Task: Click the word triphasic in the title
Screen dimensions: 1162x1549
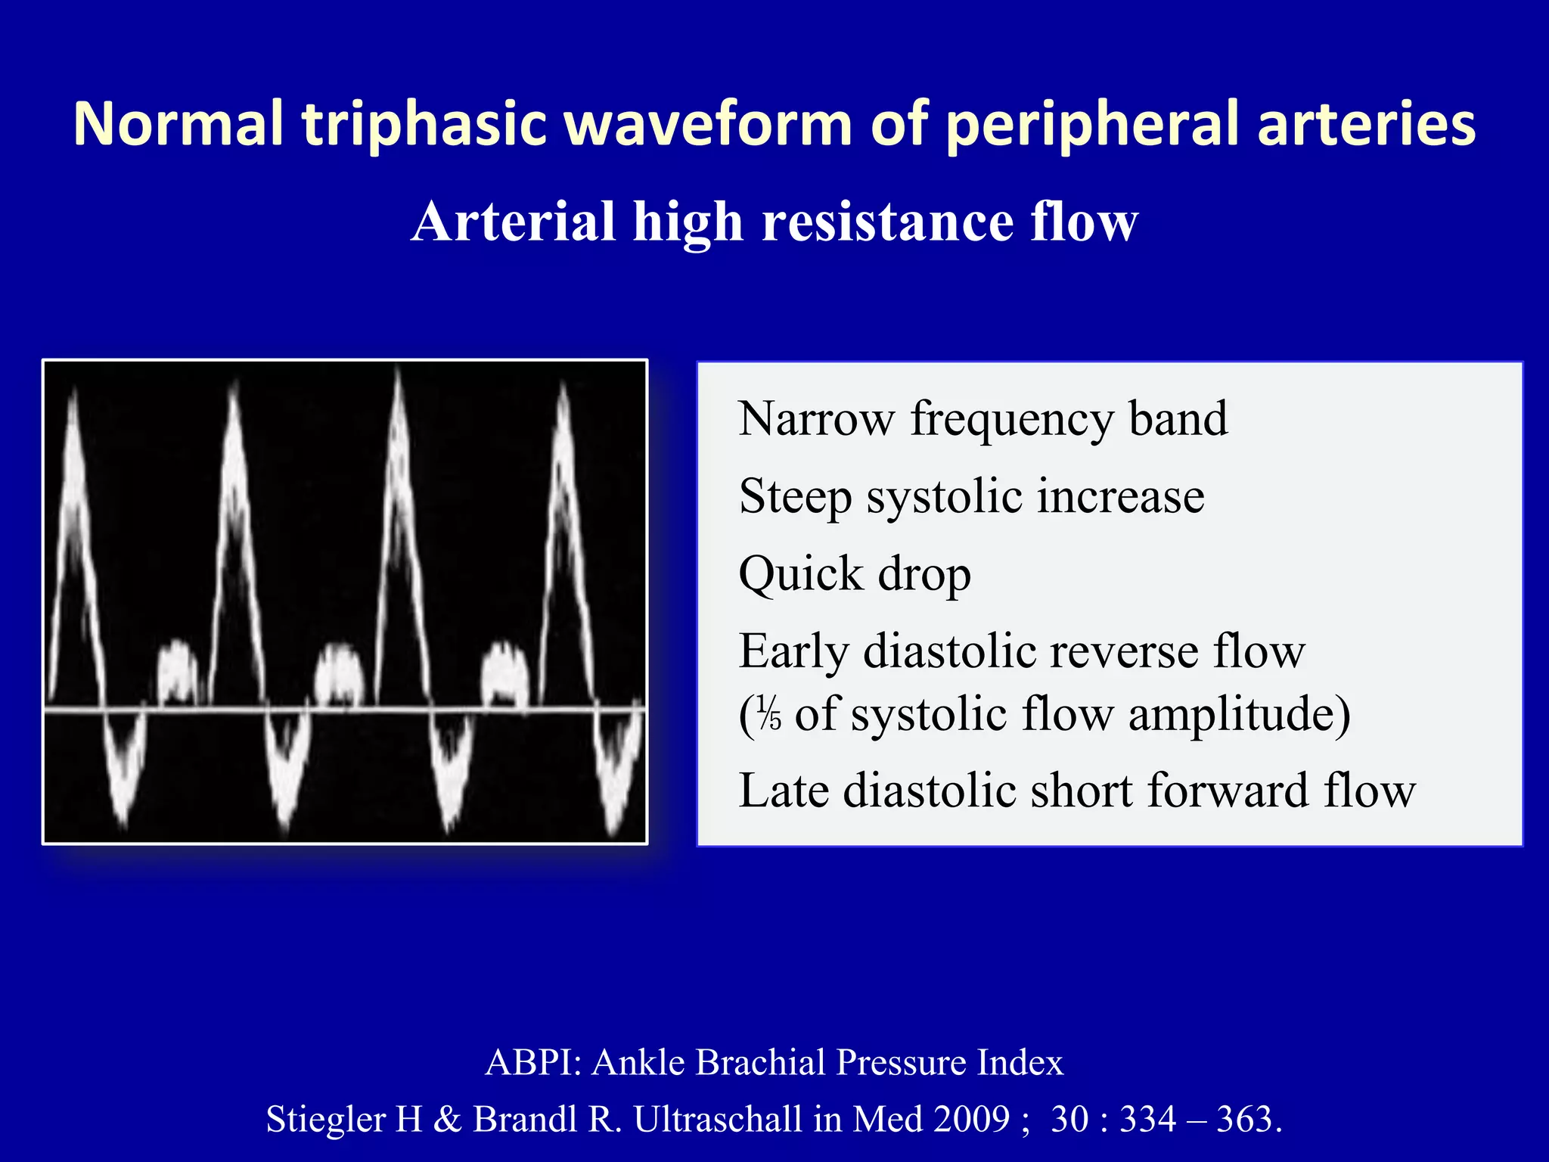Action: (x=424, y=123)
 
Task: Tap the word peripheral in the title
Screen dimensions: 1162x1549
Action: (x=1093, y=123)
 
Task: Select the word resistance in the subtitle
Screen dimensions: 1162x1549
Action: (x=887, y=222)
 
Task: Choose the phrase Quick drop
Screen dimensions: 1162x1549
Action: (x=855, y=574)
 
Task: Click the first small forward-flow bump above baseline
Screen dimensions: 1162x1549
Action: (x=178, y=670)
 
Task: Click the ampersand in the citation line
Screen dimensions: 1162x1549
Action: (x=448, y=1119)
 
